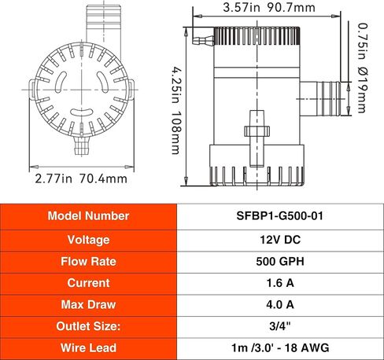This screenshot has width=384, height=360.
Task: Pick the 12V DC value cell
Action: pos(279,238)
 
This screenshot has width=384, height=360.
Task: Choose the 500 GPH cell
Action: pos(279,260)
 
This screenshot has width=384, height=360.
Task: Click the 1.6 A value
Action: pos(279,281)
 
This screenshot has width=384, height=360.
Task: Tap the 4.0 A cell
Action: pos(279,303)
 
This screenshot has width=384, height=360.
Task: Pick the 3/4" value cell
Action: pos(279,325)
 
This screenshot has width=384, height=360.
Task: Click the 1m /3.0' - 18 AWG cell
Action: pos(279,347)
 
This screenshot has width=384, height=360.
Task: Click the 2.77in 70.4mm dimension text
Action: pos(81,178)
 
